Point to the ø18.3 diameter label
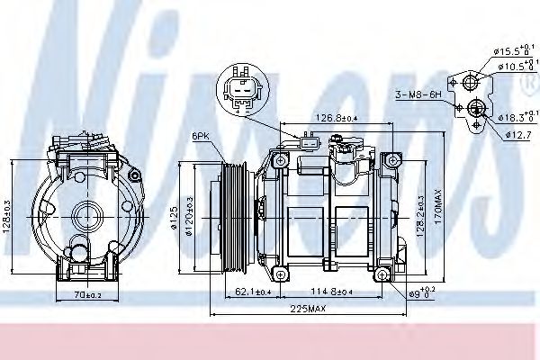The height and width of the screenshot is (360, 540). coord(511,116)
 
